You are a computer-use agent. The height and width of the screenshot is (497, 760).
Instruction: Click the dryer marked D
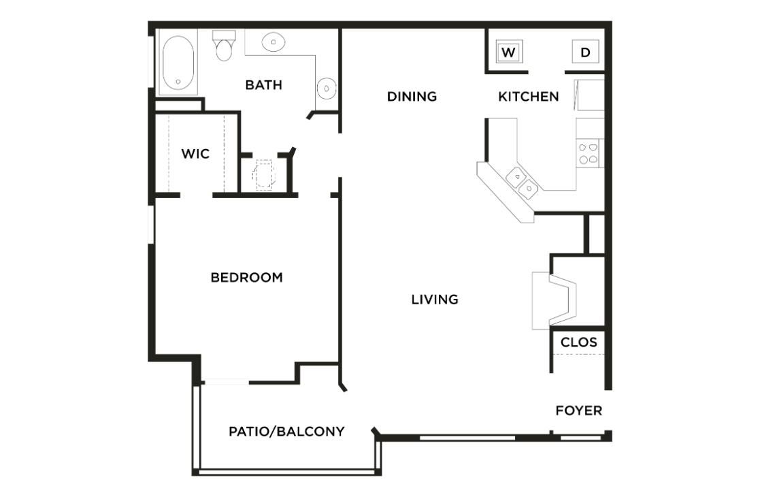585,52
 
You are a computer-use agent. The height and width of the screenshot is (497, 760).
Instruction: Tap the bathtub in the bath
178,63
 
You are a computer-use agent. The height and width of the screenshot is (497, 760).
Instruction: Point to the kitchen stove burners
589,153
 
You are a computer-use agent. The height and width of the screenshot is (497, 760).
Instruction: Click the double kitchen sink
522,182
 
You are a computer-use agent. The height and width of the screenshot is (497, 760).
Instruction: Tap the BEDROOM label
246,278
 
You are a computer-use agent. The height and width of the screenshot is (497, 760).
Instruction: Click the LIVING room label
435,299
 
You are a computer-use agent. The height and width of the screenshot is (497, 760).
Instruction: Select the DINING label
412,97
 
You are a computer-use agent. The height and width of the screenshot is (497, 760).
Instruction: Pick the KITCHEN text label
529,97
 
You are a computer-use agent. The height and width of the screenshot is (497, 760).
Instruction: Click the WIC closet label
195,154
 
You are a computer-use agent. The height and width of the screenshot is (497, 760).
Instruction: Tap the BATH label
263,85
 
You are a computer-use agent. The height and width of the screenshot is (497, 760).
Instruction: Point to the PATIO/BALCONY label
286,431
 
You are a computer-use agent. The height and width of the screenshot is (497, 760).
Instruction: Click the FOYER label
578,411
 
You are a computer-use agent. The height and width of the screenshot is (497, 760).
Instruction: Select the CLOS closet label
578,342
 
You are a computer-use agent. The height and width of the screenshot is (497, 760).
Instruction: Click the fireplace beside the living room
555,300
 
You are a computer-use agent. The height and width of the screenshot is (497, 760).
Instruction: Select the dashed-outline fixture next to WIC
263,175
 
